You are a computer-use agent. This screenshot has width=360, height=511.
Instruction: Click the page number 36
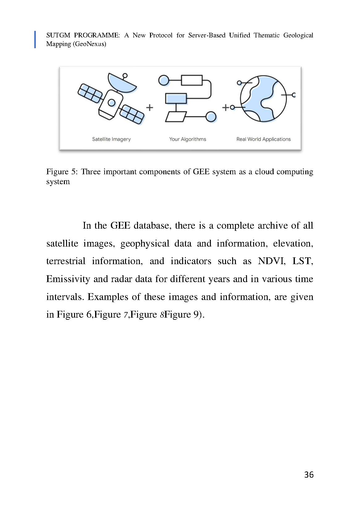(308, 475)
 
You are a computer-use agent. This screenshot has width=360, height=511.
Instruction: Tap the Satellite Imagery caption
(111, 139)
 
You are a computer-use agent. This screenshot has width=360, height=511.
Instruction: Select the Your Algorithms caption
(187, 139)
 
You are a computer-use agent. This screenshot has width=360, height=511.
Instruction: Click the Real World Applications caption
(263, 139)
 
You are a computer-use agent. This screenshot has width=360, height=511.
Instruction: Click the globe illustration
(263, 98)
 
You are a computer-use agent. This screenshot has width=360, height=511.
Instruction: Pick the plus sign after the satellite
(149, 108)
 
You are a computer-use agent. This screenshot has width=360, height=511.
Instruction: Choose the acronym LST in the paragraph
(303, 261)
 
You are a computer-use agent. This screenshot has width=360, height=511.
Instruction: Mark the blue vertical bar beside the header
(35, 40)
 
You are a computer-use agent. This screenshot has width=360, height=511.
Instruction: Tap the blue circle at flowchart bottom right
(211, 116)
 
